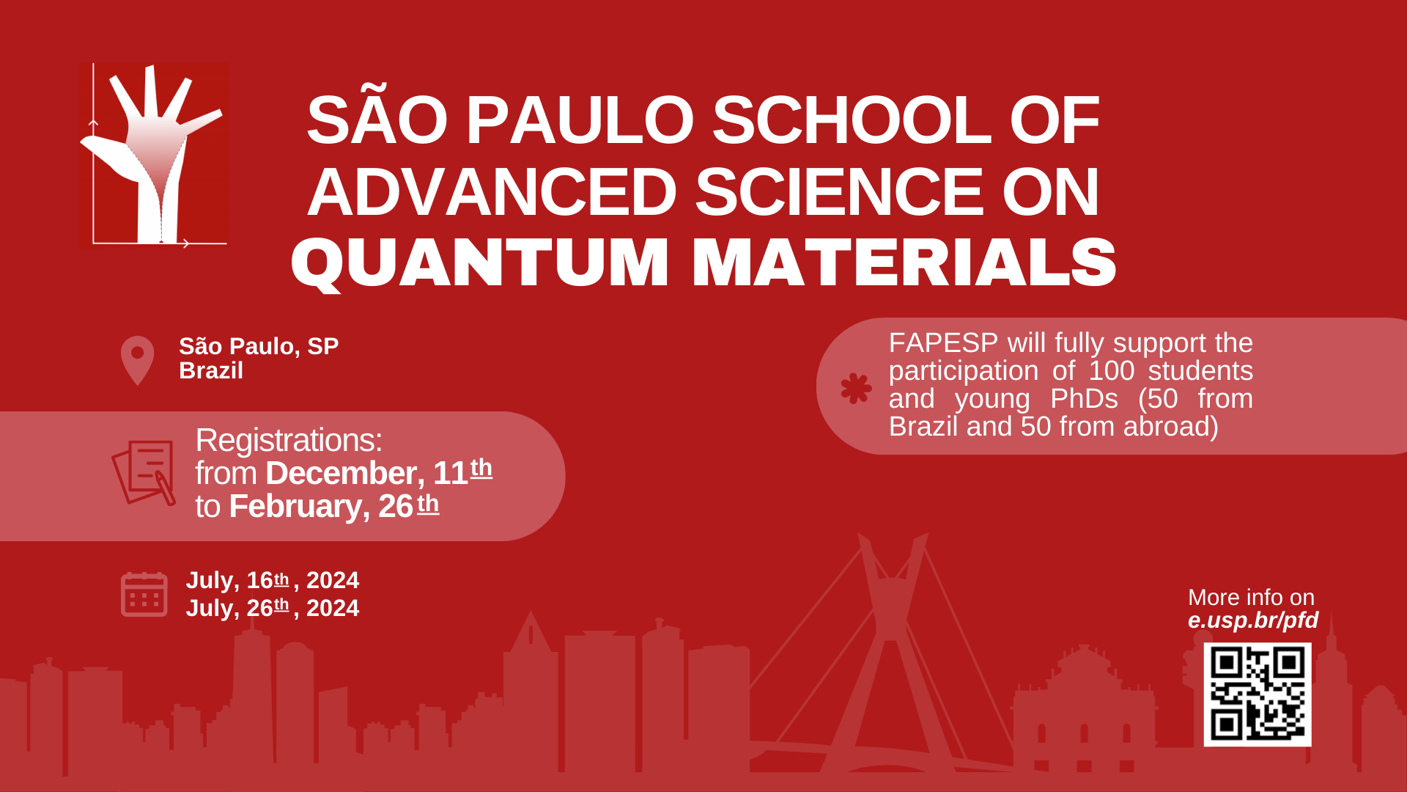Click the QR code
click(x=1258, y=694)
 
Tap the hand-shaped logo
click(x=154, y=155)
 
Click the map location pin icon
click(x=137, y=360)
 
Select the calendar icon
click(x=144, y=594)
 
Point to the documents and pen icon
click(x=144, y=472)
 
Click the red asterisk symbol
click(x=856, y=388)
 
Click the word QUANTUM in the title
click(x=480, y=263)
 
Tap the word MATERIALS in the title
click(x=904, y=262)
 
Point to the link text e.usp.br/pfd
click(x=1253, y=620)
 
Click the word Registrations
click(x=289, y=441)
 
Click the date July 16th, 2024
click(x=273, y=580)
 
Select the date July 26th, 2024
click(x=273, y=608)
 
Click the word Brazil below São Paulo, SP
click(x=211, y=371)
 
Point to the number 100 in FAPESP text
click(x=1112, y=371)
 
